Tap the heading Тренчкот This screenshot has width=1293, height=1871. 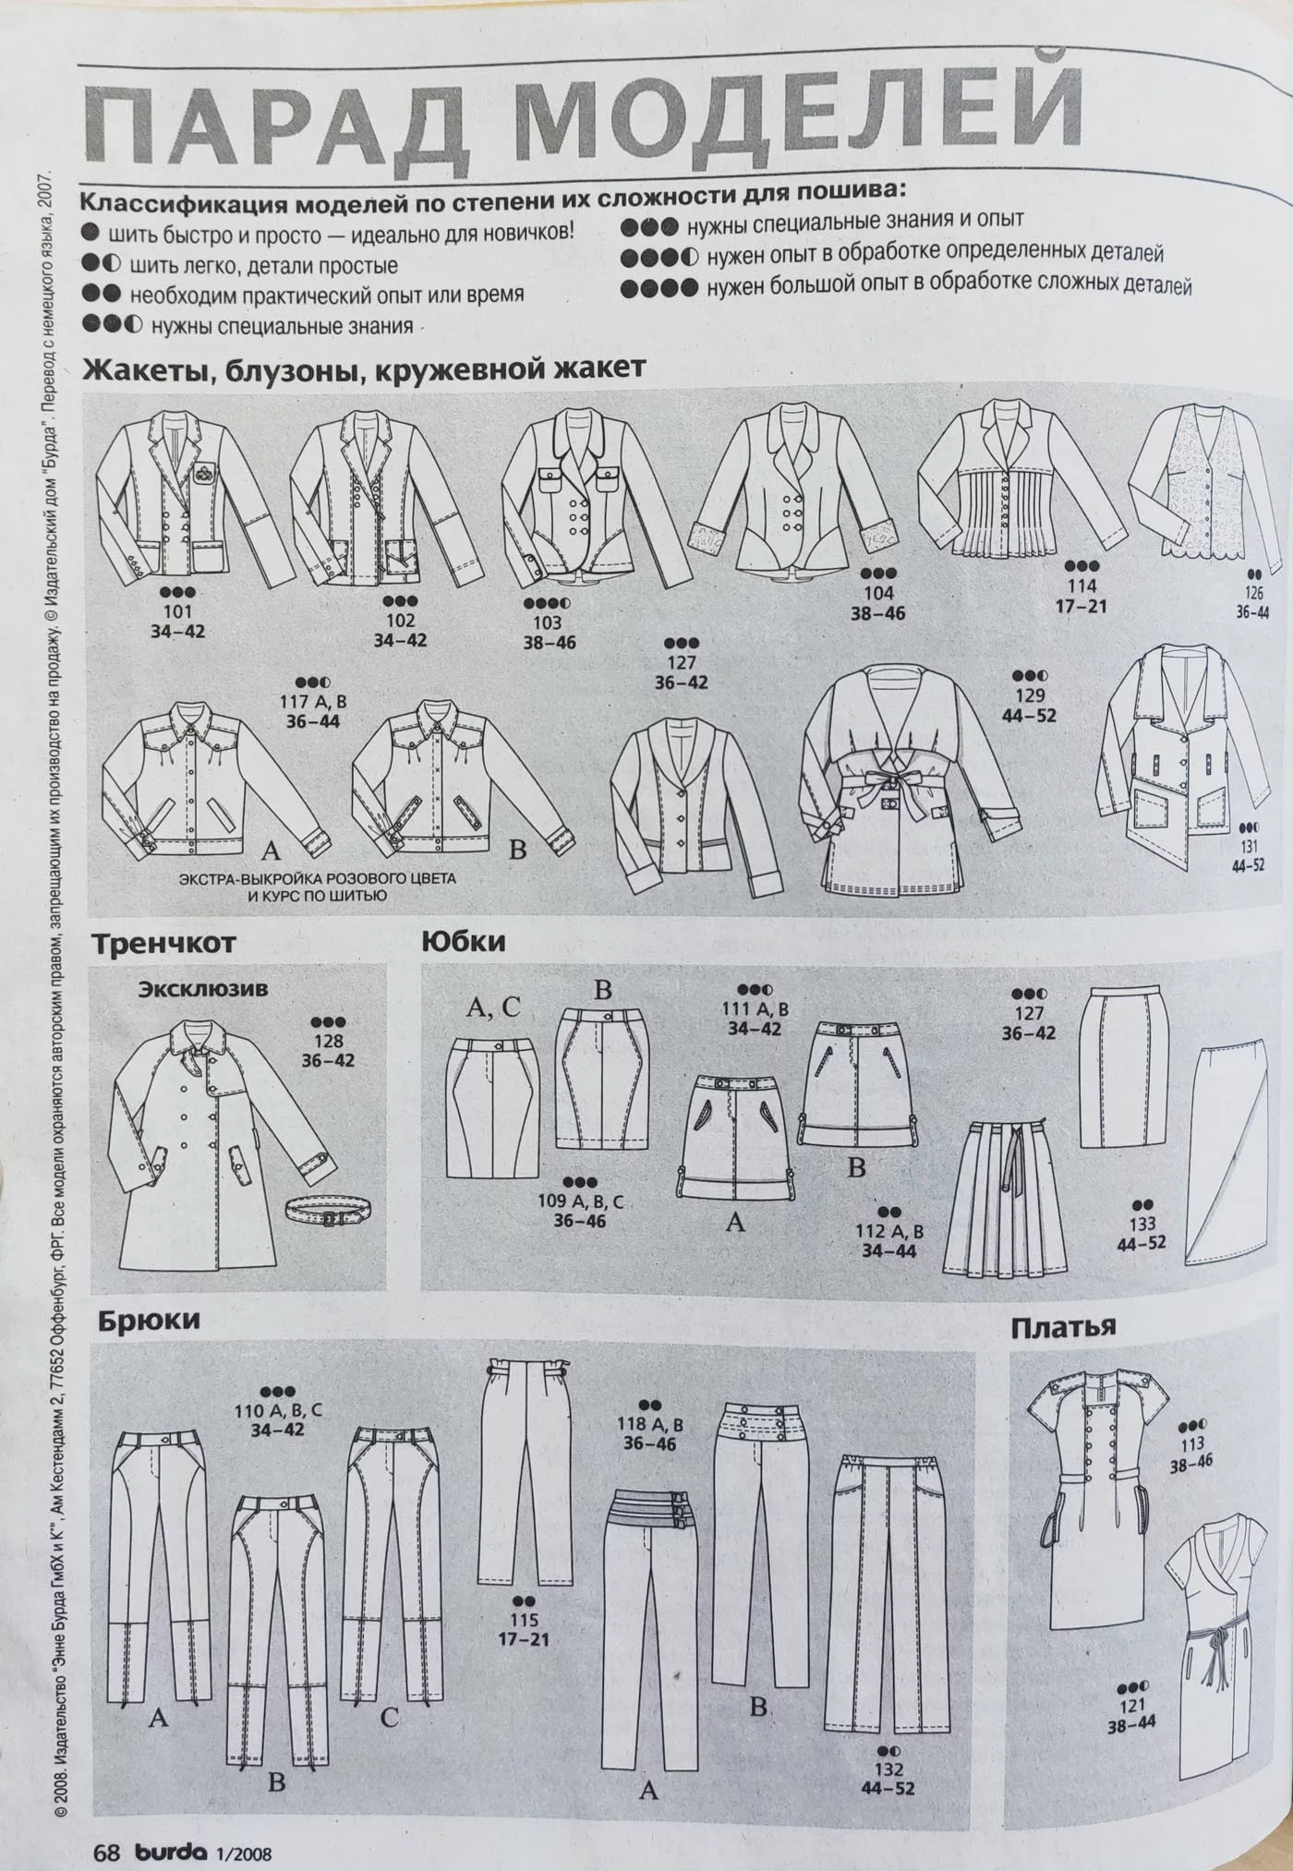click(163, 944)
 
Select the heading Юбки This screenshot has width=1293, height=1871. click(464, 942)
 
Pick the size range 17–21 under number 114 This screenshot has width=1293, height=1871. click(1081, 606)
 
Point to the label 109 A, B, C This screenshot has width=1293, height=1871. click(580, 1201)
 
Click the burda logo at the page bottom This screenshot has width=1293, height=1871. click(174, 1827)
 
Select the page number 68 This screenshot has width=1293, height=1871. click(108, 1827)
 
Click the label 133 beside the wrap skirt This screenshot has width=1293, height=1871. click(1142, 1224)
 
